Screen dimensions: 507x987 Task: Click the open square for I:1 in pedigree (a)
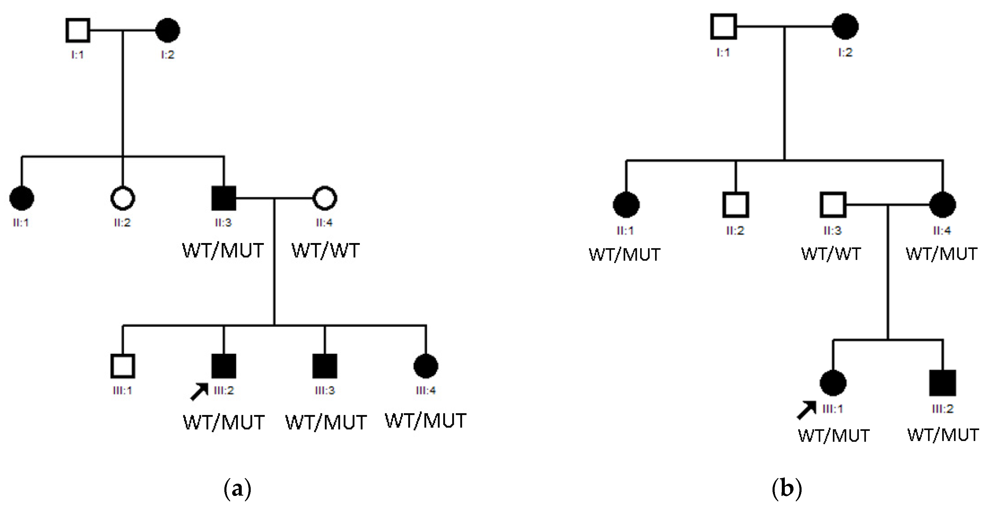[x=78, y=30]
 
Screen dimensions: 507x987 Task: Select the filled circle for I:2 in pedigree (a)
[x=168, y=30]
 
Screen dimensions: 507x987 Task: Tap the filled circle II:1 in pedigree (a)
[x=22, y=198]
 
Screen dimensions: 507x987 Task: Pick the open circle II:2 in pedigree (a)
[x=123, y=198]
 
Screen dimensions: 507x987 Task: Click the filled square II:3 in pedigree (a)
[x=224, y=198]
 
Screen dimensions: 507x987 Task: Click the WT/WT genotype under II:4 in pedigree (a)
[x=326, y=251]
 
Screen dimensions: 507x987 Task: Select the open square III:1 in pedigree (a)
[x=123, y=366]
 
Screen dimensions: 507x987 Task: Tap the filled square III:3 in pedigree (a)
[x=325, y=366]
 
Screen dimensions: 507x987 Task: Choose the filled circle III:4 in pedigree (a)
[x=426, y=366]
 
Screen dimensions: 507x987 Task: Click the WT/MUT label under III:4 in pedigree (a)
[x=425, y=421]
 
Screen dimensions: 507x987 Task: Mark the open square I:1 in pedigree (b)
[x=723, y=26]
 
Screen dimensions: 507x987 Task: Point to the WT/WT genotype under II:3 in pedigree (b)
[x=831, y=254]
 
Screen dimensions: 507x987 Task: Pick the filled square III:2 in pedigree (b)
[x=943, y=382]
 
